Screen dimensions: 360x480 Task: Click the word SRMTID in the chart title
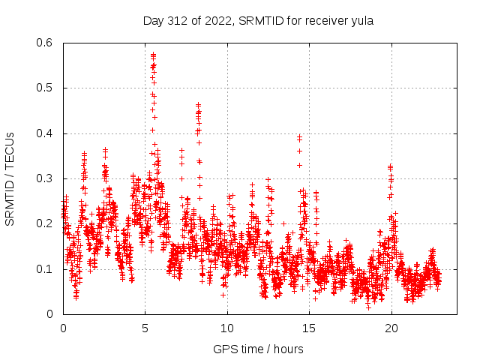pyautogui.click(x=259, y=21)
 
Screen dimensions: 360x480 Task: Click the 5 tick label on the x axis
pyautogui.click(x=145, y=328)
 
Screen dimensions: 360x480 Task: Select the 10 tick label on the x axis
pyautogui.click(x=227, y=328)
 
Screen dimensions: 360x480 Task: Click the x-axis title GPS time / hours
pyautogui.click(x=258, y=349)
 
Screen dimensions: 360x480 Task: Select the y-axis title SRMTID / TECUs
pyautogui.click(x=10, y=178)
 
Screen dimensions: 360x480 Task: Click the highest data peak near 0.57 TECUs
pyautogui.click(x=153, y=55)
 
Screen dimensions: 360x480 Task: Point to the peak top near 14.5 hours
pyautogui.click(x=299, y=137)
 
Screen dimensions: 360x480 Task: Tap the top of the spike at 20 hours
pyautogui.click(x=391, y=166)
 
